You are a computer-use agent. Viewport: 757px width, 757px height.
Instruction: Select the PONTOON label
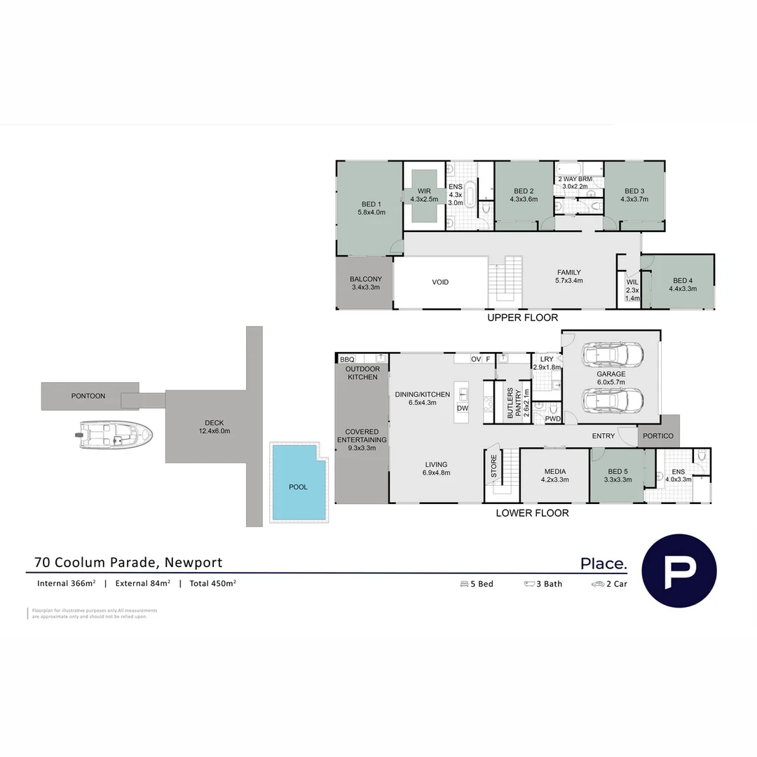point(88,396)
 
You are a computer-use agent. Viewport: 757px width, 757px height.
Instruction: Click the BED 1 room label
point(371,208)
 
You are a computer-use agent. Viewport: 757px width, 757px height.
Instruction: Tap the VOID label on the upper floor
point(440,282)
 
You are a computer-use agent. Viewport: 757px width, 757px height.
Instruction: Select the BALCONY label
point(366,283)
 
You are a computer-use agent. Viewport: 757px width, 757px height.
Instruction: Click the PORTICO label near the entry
point(658,436)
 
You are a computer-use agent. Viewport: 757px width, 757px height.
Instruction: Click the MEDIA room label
point(554,476)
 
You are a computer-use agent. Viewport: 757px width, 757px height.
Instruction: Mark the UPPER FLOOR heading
point(522,318)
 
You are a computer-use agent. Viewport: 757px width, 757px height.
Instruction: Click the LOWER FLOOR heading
point(532,513)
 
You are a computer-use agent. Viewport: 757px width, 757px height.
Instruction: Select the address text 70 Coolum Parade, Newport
point(128,562)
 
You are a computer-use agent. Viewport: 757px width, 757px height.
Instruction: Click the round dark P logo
point(679,570)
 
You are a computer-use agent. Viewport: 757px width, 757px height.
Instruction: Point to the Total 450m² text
point(212,583)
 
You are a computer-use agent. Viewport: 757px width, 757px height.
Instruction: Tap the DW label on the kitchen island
point(462,408)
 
